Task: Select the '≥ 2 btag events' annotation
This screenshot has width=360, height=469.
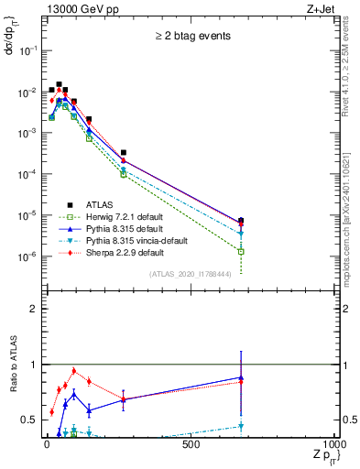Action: coord(191,38)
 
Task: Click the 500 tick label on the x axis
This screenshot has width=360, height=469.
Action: coord(191,443)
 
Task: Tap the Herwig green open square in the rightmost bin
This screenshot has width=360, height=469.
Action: coord(241,251)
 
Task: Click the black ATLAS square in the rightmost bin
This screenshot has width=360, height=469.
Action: coord(241,221)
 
